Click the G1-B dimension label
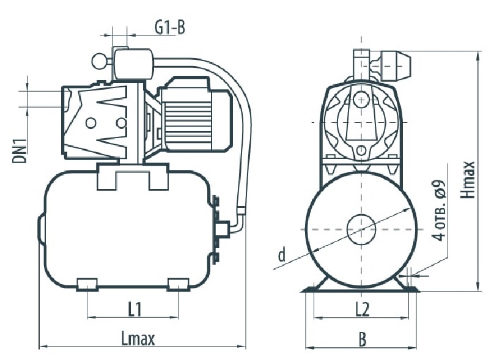point(170,28)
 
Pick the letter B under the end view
point(363,340)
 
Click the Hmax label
point(467,180)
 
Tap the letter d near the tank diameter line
point(282,254)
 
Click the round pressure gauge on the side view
point(99,61)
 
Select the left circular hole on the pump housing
point(90,123)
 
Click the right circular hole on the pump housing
point(120,123)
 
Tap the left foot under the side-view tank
point(87,284)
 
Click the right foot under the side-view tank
point(179,284)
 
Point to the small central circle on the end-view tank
point(361,229)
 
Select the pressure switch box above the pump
point(133,64)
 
